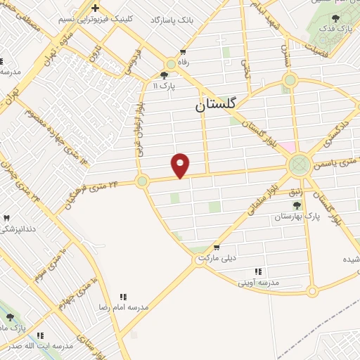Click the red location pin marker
tap(181, 165)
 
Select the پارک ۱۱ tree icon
tap(165, 75)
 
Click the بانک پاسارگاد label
tap(167, 19)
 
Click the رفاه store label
tap(185, 62)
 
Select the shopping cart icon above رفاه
tap(184, 51)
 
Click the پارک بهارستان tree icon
tap(297, 205)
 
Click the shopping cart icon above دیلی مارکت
tap(216, 247)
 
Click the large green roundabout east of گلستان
tap(299, 166)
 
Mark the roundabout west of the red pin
tap(142, 181)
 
